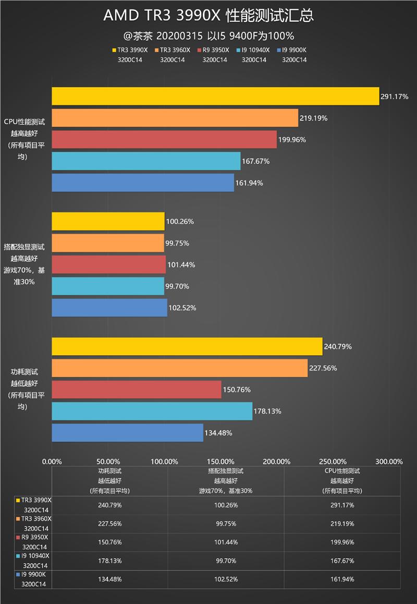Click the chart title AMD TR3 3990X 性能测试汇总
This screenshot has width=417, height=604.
point(208,16)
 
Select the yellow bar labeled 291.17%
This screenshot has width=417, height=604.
point(215,96)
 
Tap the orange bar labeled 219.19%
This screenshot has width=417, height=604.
point(175,118)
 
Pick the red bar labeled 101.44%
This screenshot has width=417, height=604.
point(108,264)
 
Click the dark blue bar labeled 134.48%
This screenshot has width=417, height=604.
point(127,432)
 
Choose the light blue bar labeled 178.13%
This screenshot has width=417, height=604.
point(152,411)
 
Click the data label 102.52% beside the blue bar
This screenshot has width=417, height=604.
point(182,308)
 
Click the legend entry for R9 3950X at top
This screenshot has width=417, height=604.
point(214,50)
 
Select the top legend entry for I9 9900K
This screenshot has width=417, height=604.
point(294,50)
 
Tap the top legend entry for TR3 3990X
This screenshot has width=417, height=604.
point(130,50)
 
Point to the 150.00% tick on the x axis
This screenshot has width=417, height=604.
point(220,461)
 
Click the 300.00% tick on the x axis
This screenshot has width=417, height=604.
point(389,461)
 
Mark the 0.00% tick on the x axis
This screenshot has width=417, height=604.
point(52,461)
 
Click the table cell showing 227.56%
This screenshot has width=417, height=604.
point(109,524)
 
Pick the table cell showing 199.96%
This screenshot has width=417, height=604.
point(342,542)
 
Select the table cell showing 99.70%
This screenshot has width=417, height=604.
point(226,561)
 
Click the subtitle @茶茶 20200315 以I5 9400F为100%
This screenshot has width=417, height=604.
point(208,36)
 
